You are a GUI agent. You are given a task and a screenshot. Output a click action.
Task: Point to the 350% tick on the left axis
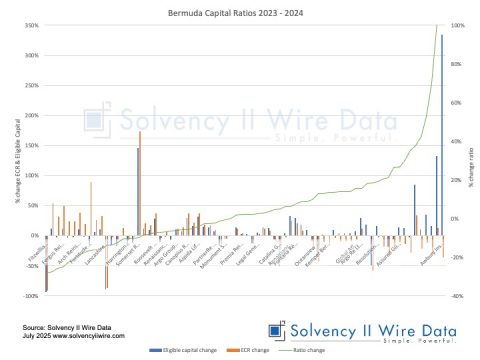point(32,25)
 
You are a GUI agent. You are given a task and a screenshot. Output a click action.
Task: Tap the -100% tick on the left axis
point(32,296)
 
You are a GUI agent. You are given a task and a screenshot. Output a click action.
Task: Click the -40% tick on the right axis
point(457,296)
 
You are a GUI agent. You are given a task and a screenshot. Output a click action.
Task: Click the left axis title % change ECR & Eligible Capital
point(17,160)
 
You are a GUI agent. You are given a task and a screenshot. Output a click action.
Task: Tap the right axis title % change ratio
point(472,160)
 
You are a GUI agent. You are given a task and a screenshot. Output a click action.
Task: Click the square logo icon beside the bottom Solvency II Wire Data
point(274,330)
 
